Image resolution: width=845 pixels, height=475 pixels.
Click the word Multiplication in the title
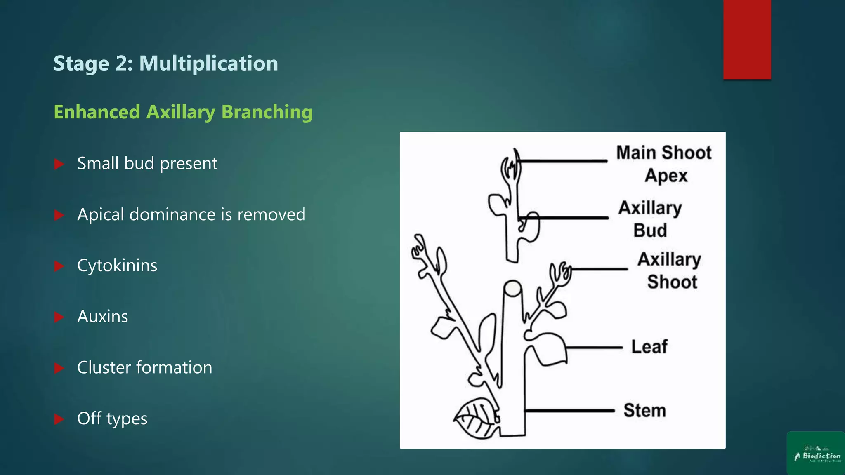click(208, 63)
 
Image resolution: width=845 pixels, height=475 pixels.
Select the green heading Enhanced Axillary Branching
click(183, 112)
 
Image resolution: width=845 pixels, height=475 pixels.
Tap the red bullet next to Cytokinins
click(59, 266)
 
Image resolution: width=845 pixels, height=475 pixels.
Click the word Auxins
click(102, 317)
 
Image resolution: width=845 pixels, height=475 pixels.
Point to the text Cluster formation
click(144, 367)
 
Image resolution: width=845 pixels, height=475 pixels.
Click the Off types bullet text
click(112, 419)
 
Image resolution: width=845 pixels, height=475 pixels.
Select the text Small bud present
click(147, 164)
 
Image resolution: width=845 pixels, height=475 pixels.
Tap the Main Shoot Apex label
click(663, 164)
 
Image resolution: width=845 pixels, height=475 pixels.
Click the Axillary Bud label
click(650, 219)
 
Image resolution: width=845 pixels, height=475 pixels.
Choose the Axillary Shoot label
click(669, 270)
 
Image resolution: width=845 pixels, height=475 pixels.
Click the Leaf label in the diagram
click(649, 347)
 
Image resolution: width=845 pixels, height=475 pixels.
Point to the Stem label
click(644, 411)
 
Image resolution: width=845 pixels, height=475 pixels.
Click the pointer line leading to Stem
click(569, 411)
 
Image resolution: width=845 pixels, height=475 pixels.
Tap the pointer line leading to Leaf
click(594, 348)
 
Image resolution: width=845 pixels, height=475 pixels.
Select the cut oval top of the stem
click(512, 288)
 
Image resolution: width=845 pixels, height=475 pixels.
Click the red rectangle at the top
click(747, 39)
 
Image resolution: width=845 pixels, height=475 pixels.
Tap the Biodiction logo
click(816, 453)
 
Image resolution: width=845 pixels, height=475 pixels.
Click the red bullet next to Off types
click(59, 419)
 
